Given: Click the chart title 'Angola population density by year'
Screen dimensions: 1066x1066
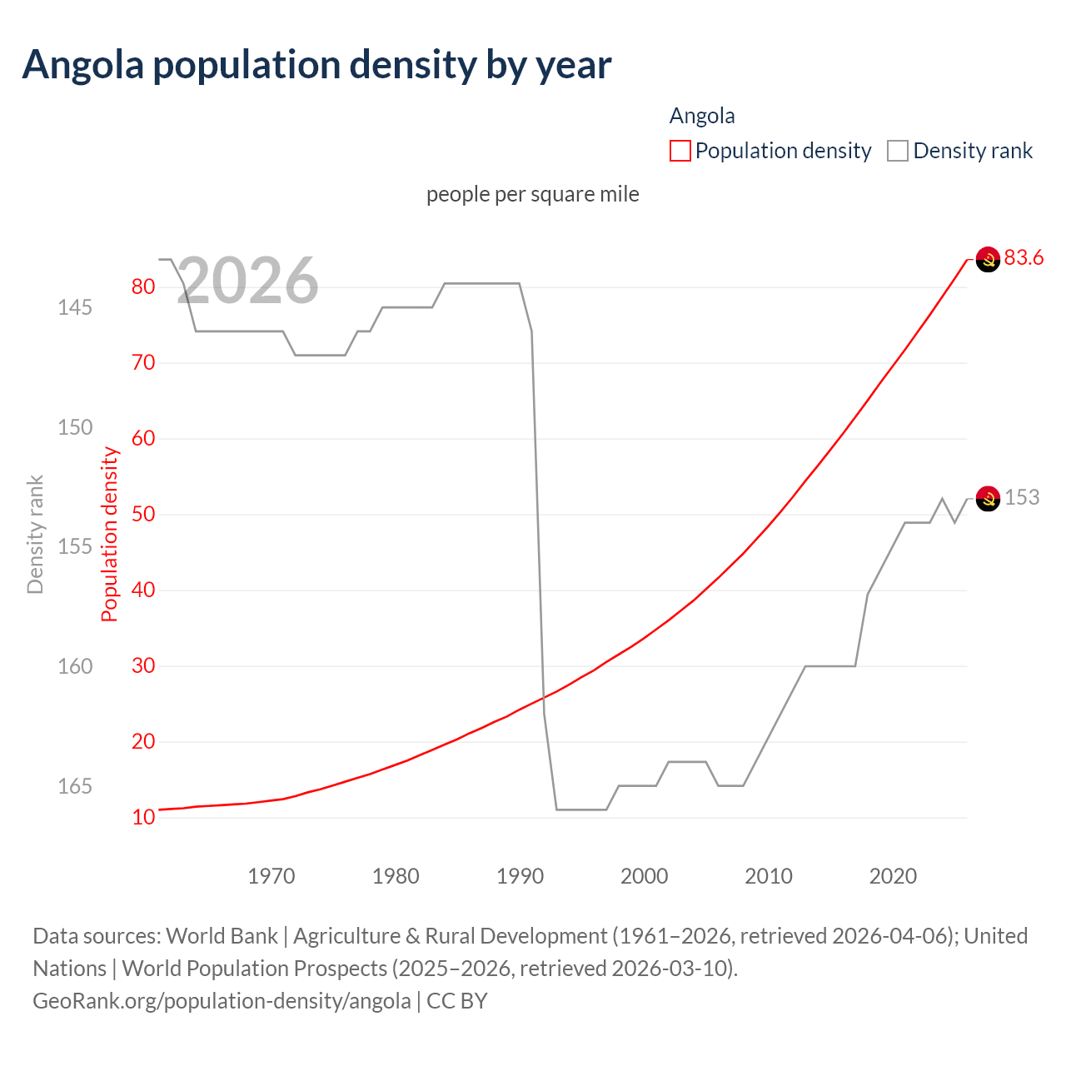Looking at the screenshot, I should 316,65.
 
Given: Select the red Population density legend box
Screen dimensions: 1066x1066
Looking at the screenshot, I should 680,151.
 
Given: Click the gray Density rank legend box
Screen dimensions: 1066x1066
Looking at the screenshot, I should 897,151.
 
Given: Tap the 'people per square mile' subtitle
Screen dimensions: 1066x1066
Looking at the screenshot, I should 532,194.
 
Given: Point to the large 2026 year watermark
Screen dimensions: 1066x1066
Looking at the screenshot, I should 247,281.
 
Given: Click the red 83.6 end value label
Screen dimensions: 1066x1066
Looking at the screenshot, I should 1024,258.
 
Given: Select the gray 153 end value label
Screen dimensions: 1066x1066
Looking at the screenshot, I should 1022,498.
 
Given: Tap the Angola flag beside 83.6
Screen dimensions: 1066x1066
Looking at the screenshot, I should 988,260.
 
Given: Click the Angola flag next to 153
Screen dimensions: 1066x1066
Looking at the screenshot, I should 988,499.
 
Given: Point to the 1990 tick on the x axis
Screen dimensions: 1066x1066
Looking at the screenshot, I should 520,876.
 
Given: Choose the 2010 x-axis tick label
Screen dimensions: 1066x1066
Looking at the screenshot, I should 768,876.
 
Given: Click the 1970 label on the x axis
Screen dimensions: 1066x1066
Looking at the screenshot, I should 271,876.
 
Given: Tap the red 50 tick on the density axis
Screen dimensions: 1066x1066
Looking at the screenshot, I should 143,514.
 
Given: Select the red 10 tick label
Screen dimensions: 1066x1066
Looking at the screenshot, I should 143,817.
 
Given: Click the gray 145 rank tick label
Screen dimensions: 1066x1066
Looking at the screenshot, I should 75,307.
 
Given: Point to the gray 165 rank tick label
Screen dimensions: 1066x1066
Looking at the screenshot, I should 75,786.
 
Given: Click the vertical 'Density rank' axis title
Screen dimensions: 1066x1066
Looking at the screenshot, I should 35,534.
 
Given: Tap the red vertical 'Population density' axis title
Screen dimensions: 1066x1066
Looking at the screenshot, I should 110,534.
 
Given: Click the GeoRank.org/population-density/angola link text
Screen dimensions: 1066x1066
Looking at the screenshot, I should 222,1001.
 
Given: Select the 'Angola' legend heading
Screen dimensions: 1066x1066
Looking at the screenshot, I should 702,116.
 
